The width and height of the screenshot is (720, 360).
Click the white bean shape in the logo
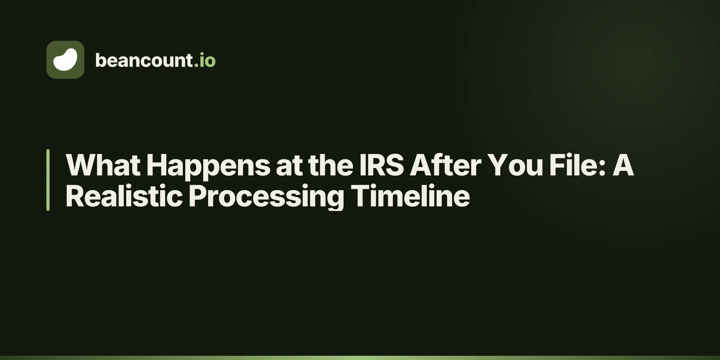pyautogui.click(x=65, y=60)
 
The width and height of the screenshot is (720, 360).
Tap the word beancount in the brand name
pyautogui.click(x=144, y=60)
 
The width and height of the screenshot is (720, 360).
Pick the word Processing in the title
pyautogui.click(x=266, y=198)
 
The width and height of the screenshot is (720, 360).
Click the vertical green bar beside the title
pyautogui.click(x=48, y=180)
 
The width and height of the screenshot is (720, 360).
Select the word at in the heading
pyautogui.click(x=289, y=166)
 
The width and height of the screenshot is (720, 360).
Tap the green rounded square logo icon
pyautogui.click(x=65, y=60)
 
